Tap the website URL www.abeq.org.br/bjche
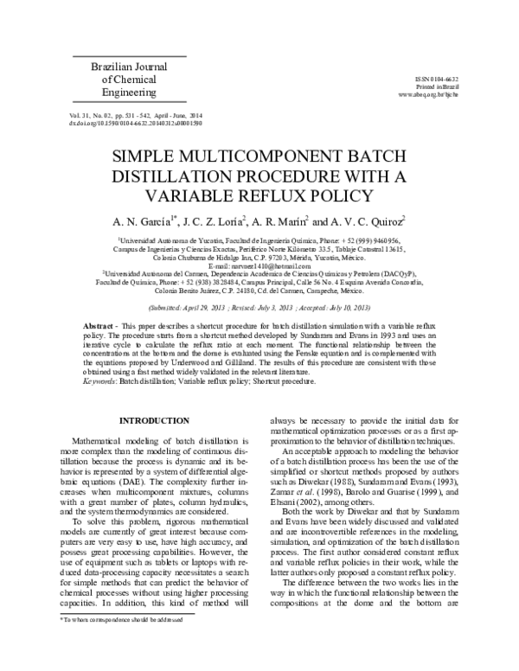pyautogui.click(x=435, y=93)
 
